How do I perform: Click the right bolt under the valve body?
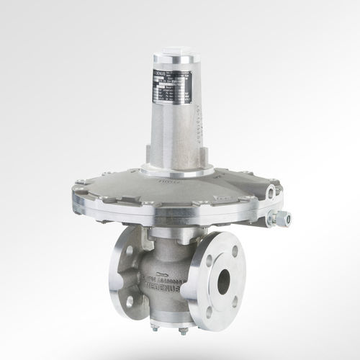[x=183, y=330]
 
